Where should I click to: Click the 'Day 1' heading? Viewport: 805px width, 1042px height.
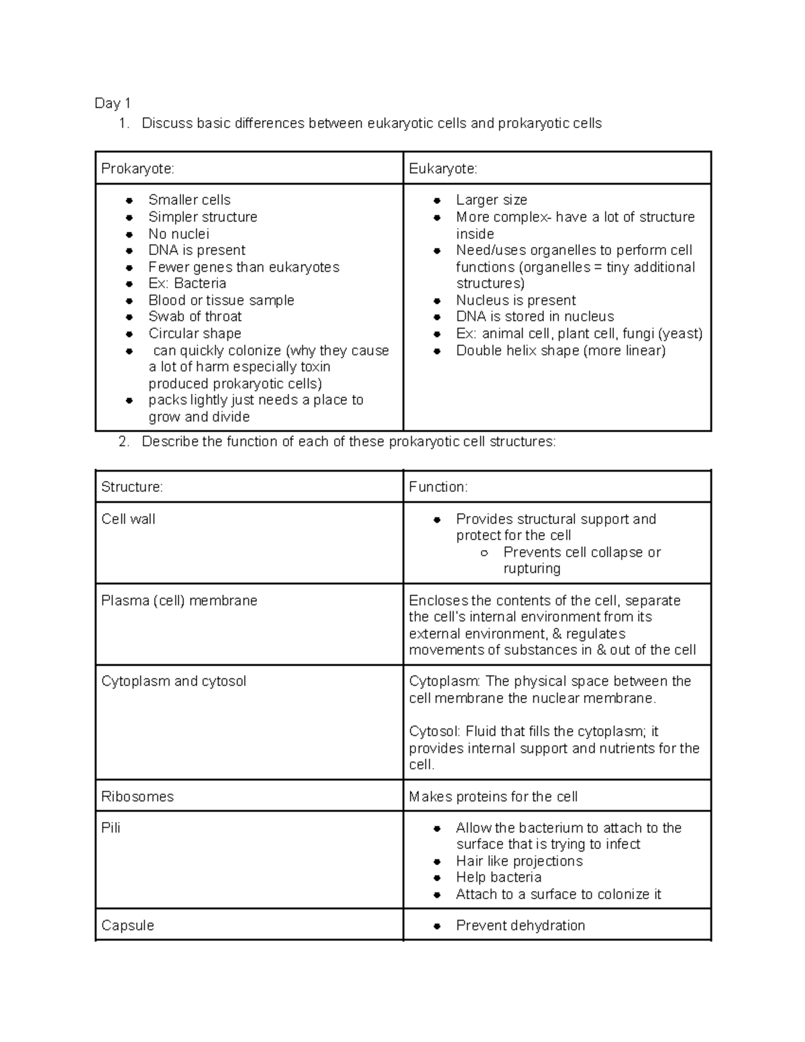click(x=112, y=103)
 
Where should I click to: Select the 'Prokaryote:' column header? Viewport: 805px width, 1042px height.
click(x=138, y=168)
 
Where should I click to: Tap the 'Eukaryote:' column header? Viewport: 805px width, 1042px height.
click(x=443, y=168)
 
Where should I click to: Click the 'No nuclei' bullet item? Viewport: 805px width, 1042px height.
click(x=178, y=233)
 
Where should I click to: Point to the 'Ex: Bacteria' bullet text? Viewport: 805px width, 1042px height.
click(x=186, y=283)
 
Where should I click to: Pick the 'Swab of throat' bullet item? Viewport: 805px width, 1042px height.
click(x=195, y=317)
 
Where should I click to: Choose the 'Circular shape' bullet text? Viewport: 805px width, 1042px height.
click(x=195, y=333)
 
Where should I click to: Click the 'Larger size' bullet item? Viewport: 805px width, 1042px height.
click(x=491, y=200)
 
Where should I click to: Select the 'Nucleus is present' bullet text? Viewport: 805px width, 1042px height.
click(x=515, y=300)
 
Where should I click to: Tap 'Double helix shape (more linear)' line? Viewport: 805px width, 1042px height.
click(x=560, y=350)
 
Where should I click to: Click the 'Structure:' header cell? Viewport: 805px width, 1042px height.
click(x=131, y=487)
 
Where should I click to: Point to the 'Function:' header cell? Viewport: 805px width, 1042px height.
click(x=438, y=487)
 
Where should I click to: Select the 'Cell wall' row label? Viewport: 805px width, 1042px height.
click(x=128, y=519)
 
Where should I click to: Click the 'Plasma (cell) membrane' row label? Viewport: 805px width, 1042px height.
click(x=179, y=601)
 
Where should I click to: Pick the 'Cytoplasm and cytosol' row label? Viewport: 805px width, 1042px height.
click(x=174, y=681)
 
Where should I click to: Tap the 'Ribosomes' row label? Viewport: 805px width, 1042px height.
click(x=138, y=796)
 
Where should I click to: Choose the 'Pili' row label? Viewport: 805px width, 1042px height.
click(x=111, y=828)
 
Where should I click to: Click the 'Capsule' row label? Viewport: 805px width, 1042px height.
click(x=127, y=925)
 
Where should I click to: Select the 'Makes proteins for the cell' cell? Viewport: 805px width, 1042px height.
click(x=493, y=796)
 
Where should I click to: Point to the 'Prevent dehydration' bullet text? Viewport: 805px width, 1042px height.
click(x=520, y=925)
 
